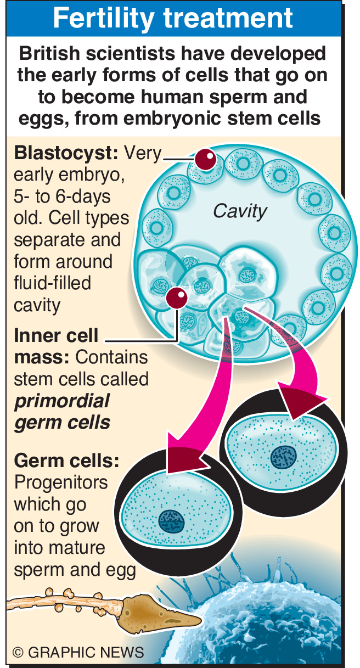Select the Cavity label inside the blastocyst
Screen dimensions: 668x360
[240, 210]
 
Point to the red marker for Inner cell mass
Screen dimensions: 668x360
[177, 297]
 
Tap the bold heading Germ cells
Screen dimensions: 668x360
[66, 460]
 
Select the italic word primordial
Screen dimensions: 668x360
[61, 401]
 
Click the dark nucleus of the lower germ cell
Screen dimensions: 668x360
[172, 520]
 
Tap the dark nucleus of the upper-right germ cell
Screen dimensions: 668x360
[283, 455]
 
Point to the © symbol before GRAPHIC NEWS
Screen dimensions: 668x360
[19, 652]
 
